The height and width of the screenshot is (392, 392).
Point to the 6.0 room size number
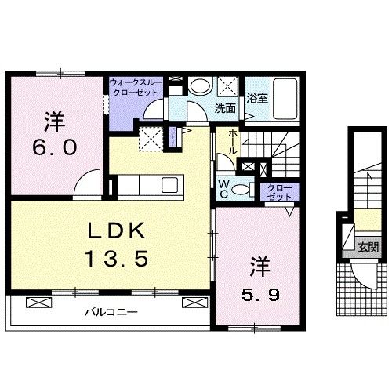point(54,147)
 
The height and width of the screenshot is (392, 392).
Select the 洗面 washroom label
point(226,109)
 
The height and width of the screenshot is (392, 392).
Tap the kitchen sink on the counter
point(169,186)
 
